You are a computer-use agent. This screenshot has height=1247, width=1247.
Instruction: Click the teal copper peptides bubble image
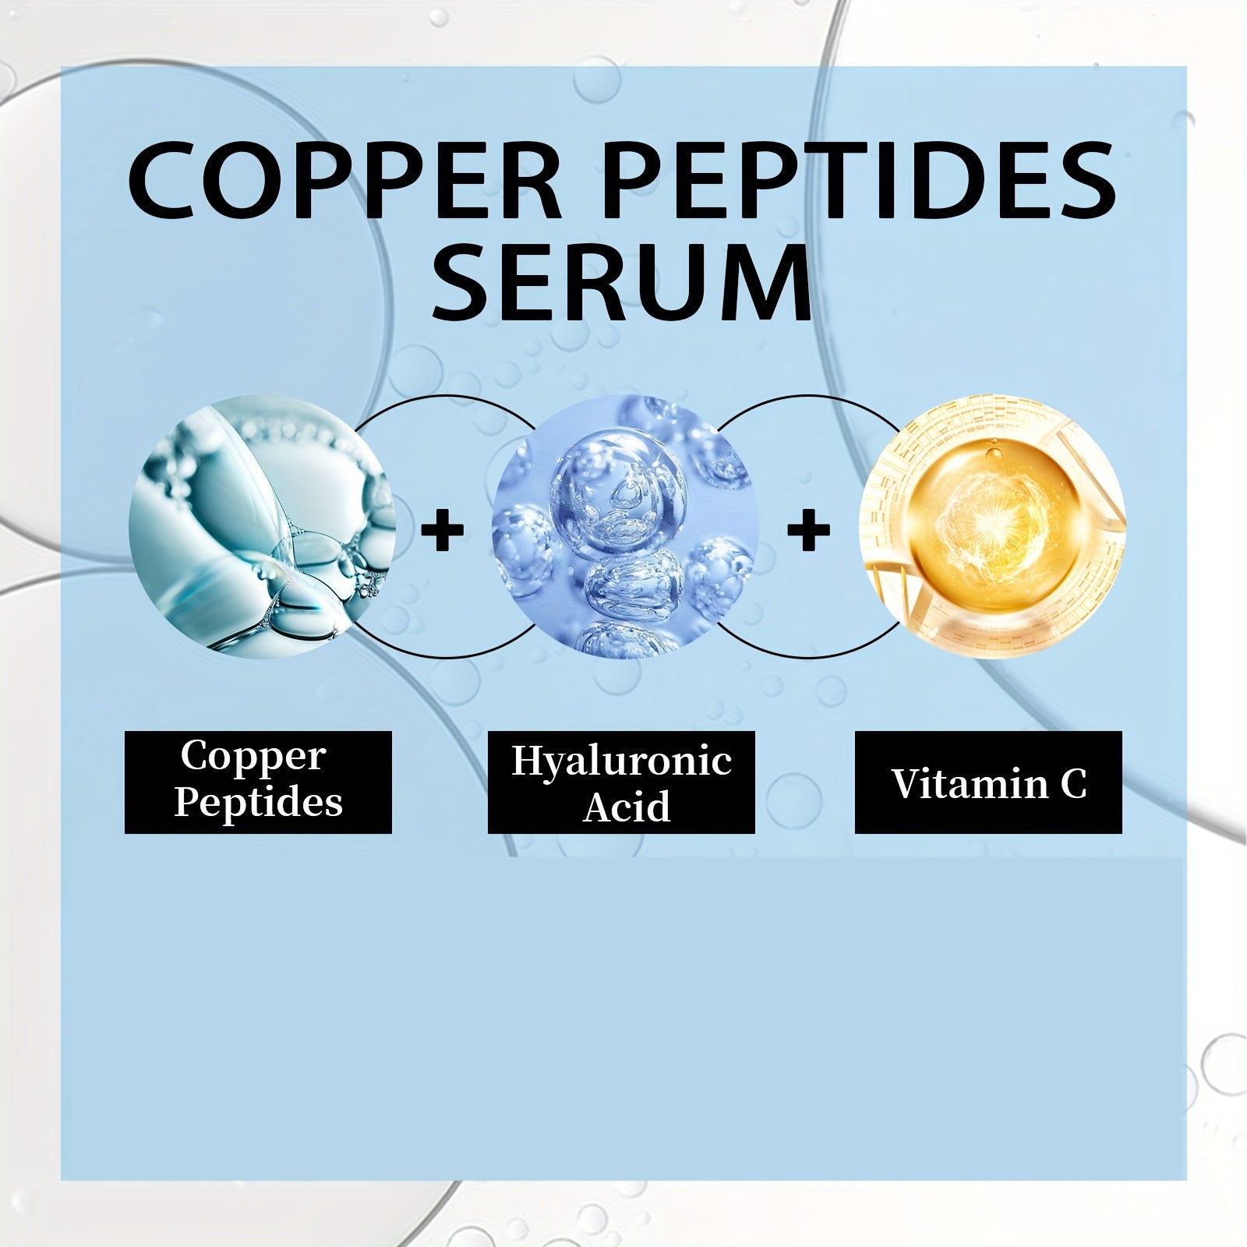pyautogui.click(x=262, y=526)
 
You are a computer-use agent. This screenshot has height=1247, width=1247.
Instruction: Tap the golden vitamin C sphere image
pyautogui.click(x=992, y=526)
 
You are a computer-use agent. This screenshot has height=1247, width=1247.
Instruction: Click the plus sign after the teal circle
pyautogui.click(x=443, y=531)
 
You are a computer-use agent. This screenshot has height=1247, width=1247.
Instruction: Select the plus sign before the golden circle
pyautogui.click(x=809, y=531)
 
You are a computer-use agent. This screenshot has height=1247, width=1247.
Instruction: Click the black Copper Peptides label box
pyautogui.click(x=258, y=782)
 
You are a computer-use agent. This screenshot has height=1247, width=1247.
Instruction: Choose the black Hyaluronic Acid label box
pyautogui.click(x=621, y=782)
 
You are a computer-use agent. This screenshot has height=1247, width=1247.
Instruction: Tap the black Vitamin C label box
pyautogui.click(x=988, y=782)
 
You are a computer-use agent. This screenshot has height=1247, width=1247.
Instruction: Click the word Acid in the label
pyautogui.click(x=627, y=806)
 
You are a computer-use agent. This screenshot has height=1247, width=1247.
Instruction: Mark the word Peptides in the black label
pyautogui.click(x=258, y=803)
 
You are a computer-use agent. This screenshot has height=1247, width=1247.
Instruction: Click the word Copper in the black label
pyautogui.click(x=253, y=756)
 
